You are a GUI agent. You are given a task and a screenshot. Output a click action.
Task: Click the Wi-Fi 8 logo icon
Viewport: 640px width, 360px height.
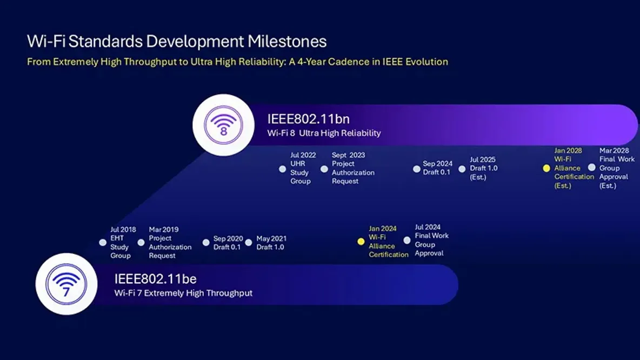point(223,125)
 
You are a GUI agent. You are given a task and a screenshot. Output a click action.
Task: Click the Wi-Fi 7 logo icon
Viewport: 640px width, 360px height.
point(66,284)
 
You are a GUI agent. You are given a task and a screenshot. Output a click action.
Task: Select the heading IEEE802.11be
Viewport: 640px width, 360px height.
point(155,279)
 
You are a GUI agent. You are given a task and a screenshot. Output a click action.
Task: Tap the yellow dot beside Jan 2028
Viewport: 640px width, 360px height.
point(546,169)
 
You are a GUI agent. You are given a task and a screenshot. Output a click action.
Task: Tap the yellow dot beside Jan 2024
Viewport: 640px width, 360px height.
point(361,242)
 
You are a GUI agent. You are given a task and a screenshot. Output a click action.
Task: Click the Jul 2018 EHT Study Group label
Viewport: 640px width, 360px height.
point(123,243)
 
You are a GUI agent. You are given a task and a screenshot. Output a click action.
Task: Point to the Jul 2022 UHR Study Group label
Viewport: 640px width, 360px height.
point(303,168)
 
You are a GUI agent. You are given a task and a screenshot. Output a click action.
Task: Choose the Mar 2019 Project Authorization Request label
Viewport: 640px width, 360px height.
point(170,243)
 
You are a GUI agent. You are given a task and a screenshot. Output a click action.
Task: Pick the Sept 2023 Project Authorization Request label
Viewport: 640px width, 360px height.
point(353,168)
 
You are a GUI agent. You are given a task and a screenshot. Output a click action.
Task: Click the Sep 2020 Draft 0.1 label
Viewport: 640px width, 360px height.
point(228,243)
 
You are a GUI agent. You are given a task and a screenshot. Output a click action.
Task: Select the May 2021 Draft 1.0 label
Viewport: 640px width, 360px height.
point(271,243)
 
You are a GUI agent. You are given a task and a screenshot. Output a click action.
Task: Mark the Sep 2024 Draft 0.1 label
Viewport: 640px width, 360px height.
point(437,168)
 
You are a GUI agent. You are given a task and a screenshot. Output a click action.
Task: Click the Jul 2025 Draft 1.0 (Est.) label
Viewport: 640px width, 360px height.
point(483,168)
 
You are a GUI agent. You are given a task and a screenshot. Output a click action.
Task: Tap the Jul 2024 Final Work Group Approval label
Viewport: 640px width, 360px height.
point(431,240)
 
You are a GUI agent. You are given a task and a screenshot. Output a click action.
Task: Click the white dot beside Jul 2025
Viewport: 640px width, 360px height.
point(462,169)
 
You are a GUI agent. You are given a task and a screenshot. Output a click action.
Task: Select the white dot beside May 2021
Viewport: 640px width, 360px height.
point(249,243)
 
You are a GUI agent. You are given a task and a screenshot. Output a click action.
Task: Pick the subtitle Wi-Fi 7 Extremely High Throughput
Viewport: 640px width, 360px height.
point(183,293)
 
